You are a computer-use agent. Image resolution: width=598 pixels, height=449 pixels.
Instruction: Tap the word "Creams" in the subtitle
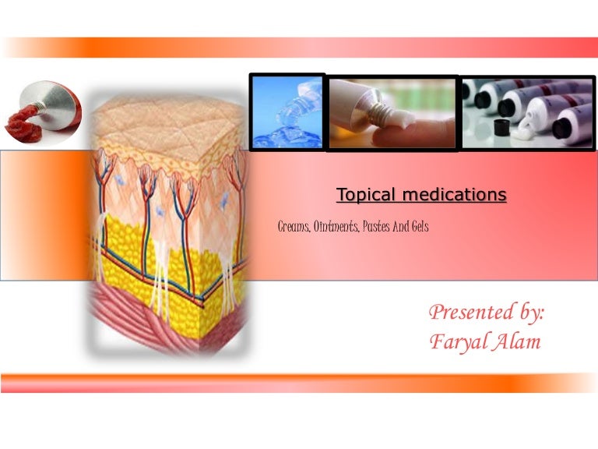tap(294, 228)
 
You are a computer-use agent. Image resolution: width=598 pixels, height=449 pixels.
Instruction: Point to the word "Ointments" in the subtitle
tap(336, 228)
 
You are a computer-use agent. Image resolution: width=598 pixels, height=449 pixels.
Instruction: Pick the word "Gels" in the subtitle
tap(420, 228)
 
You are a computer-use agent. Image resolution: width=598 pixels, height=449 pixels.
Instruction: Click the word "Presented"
tap(466, 313)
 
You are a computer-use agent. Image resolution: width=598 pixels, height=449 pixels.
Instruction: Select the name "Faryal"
tap(456, 342)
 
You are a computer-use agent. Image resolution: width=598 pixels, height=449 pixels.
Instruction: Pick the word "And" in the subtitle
tap(403, 228)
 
